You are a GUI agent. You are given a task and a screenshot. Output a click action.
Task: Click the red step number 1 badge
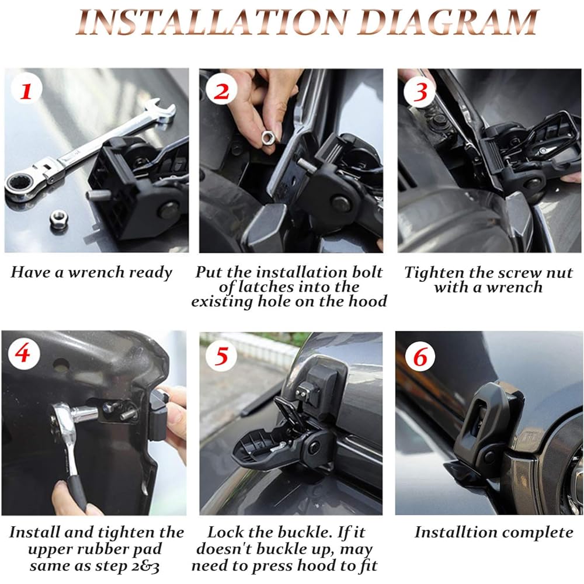[26, 91]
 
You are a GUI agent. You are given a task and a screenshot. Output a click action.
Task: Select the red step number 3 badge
[420, 91]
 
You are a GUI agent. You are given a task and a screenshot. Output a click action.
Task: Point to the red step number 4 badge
[23, 352]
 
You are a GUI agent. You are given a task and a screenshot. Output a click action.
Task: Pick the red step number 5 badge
[221, 356]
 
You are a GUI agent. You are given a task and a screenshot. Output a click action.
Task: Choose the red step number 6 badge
[420, 357]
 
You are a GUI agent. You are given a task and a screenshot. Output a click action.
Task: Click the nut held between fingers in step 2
[268, 138]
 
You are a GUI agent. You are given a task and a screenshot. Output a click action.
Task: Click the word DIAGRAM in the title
[450, 22]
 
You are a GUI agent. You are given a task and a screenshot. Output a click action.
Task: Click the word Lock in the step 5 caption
[224, 532]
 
